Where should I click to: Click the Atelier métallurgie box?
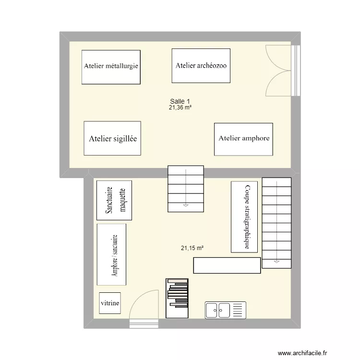pyautogui.click(x=111, y=67)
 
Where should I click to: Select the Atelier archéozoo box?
pyautogui.click(x=201, y=66)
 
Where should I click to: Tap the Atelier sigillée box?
pyautogui.click(x=112, y=138)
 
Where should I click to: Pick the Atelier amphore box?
pyautogui.click(x=243, y=139)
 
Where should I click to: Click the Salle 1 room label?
pyautogui.click(x=180, y=101)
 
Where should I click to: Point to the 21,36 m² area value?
pyautogui.click(x=180, y=108)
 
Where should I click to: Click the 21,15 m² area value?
pyautogui.click(x=192, y=248)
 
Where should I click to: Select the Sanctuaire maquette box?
pyautogui.click(x=114, y=200)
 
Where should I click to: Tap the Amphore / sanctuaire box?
pyautogui.click(x=111, y=255)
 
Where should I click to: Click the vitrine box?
pyautogui.click(x=110, y=303)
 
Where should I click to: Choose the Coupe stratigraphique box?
pyautogui.click(x=244, y=217)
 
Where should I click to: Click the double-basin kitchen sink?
pyautogui.click(x=225, y=310)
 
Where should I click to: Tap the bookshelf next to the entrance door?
pyautogui.click(x=177, y=298)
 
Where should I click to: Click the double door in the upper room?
pyautogui.click(x=279, y=71)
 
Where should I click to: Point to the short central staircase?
pyautogui.click(x=185, y=189)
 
